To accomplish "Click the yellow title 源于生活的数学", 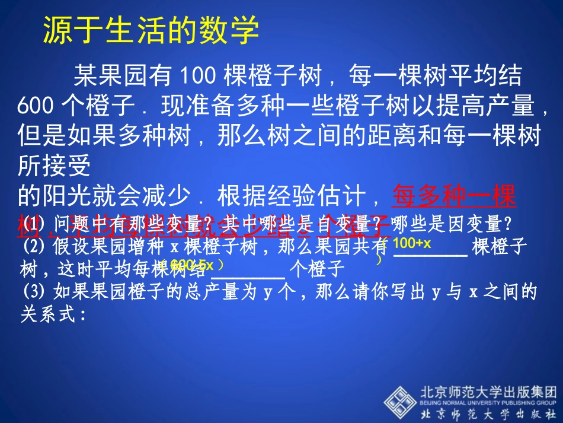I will pyautogui.click(x=151, y=29).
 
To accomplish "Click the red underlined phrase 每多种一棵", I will pyautogui.click(x=455, y=196).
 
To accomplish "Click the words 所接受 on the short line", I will pyautogui.click(x=54, y=167).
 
